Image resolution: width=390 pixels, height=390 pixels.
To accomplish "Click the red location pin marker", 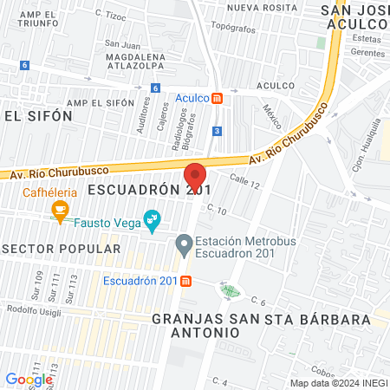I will (x=195, y=176).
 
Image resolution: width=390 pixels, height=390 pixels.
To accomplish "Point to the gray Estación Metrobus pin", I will (x=184, y=246).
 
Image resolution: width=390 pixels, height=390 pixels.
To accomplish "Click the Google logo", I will (x=29, y=379).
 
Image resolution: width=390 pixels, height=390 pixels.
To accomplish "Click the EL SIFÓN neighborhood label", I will (x=29, y=114).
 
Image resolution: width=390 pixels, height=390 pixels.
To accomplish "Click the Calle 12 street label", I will (x=245, y=180).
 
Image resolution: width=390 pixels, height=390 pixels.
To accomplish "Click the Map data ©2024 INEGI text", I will (x=337, y=383).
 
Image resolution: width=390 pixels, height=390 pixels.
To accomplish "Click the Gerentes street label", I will (x=367, y=52).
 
